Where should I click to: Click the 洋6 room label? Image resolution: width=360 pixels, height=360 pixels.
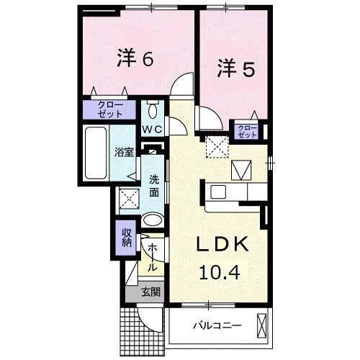pos(135,58)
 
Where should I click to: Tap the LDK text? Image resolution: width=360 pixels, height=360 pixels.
pos(223,245)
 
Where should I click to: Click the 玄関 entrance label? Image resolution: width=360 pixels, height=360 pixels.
pos(150,292)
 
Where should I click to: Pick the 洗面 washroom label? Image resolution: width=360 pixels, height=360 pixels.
pos(155,186)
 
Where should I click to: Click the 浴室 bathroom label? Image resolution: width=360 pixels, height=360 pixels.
pos(124,153)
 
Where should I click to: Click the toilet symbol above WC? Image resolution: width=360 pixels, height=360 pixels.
pos(152,111)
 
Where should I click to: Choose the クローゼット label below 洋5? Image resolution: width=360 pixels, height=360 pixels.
pos(247,131)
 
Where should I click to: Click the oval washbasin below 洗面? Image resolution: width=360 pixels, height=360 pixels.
pos(153,221)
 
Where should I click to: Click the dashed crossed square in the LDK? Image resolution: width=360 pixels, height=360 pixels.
pos(215,146)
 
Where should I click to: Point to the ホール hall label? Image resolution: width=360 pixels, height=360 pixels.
pos(153,257)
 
